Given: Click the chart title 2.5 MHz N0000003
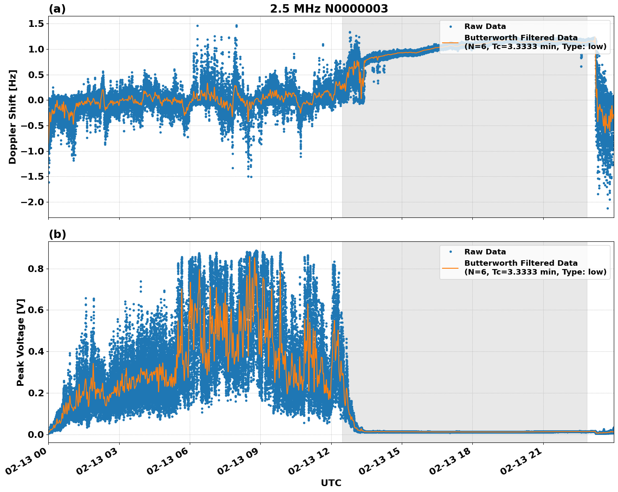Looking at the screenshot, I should (x=329, y=9).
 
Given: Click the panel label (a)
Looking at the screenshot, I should (x=57, y=9).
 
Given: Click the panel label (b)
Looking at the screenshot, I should (x=57, y=234).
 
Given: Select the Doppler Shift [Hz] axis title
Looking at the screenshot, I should (x=13, y=117).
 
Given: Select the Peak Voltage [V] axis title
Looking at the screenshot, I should (x=21, y=342).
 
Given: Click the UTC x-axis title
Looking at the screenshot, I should (x=331, y=483).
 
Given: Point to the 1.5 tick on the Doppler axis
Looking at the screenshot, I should (x=36, y=24).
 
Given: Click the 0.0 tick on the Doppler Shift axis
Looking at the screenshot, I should (x=36, y=100).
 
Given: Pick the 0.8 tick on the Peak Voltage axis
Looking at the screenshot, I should (x=36, y=269).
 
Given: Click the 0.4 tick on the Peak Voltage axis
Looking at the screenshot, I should (x=36, y=351).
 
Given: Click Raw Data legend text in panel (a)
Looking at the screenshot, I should (x=485, y=26).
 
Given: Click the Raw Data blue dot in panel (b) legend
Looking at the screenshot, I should (x=450, y=252).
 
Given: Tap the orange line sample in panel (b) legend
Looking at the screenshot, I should (x=450, y=268).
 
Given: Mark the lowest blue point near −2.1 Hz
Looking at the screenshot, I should (x=607, y=208).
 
